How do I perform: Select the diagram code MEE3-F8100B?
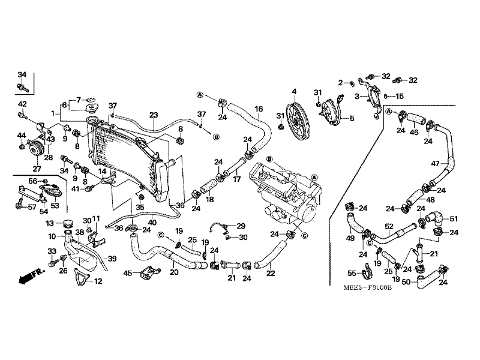(367, 288)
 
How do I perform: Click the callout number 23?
(154, 115)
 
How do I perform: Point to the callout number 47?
(436, 164)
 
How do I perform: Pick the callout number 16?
(259, 109)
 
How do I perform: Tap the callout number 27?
(37, 169)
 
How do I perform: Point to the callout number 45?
(128, 273)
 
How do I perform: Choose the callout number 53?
(55, 205)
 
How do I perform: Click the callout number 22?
(271, 273)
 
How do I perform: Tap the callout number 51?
(454, 218)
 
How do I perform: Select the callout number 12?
(98, 281)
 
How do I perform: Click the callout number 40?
(152, 223)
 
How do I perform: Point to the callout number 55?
(352, 273)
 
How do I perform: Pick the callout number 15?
(400, 97)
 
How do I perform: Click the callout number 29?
(241, 226)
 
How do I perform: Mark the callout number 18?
(209, 200)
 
